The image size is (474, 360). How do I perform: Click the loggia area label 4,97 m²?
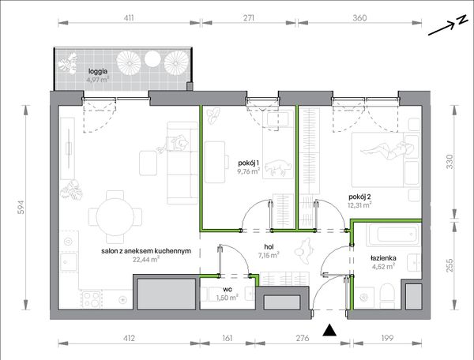(x=97, y=80)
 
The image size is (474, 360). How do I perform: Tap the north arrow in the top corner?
(x=448, y=25)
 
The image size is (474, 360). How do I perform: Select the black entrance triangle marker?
(x=329, y=330)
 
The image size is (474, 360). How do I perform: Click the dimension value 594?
(x=21, y=207)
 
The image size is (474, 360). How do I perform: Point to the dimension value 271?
(x=249, y=18)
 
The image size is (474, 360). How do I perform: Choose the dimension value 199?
(x=387, y=338)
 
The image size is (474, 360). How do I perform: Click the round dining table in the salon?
(x=115, y=216)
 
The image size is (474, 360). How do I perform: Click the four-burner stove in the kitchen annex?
(x=92, y=299)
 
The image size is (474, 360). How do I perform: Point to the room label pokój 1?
(x=248, y=163)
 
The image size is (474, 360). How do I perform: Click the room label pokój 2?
(x=359, y=197)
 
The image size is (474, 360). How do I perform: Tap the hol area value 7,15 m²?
(x=269, y=256)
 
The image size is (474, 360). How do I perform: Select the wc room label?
(x=228, y=289)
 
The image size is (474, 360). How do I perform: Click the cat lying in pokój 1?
(x=277, y=167)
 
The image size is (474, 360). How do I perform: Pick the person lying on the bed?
(x=387, y=150)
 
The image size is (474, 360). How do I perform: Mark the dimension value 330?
(x=450, y=162)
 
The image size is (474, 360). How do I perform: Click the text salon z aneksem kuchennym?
(x=146, y=251)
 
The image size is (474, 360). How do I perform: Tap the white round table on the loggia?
(x=152, y=59)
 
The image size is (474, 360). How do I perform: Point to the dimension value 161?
(x=227, y=338)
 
